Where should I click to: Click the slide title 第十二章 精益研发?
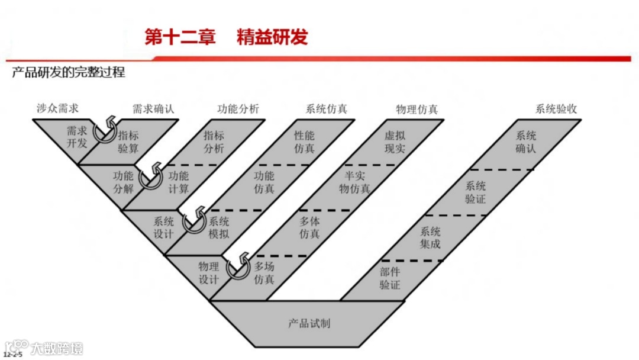pyautogui.click(x=227, y=37)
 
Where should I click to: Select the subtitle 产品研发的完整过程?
pyautogui.click(x=69, y=73)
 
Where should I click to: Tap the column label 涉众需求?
pyautogui.click(x=57, y=108)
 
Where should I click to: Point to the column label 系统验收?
pyautogui.click(x=556, y=108)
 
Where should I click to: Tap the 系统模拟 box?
pyautogui.click(x=218, y=228)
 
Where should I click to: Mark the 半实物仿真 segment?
pyautogui.click(x=355, y=182)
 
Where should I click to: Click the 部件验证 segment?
pyautogui.click(x=390, y=279)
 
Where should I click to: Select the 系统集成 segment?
pyautogui.click(x=430, y=237)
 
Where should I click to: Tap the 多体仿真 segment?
pyautogui.click(x=309, y=228)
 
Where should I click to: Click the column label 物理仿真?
pyautogui.click(x=417, y=108)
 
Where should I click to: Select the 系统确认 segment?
pyautogui.click(x=525, y=142)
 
